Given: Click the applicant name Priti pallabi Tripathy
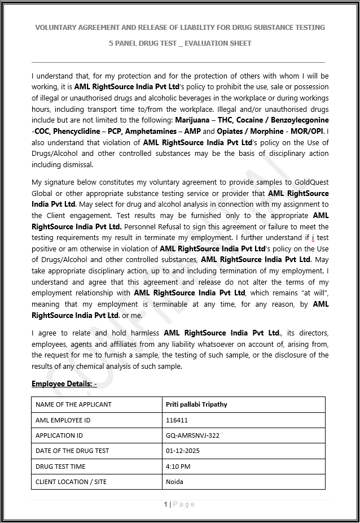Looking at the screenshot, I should point(196,404).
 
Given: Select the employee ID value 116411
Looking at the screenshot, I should point(177,420).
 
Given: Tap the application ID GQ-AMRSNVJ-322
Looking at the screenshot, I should point(192,435).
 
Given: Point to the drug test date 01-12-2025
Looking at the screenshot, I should point(183,451).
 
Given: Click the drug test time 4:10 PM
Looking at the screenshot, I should point(178,467).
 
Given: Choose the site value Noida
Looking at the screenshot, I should point(174,482).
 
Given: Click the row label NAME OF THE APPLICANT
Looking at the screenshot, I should point(73,404).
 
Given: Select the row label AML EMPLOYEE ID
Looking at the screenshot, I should point(63,420).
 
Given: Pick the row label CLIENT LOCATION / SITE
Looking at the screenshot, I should point(71,482).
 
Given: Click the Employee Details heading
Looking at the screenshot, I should point(64,384).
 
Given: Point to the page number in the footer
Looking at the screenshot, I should point(166,504).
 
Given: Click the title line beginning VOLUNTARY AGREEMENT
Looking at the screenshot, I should point(180,27).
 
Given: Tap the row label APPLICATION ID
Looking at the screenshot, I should point(59,435).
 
